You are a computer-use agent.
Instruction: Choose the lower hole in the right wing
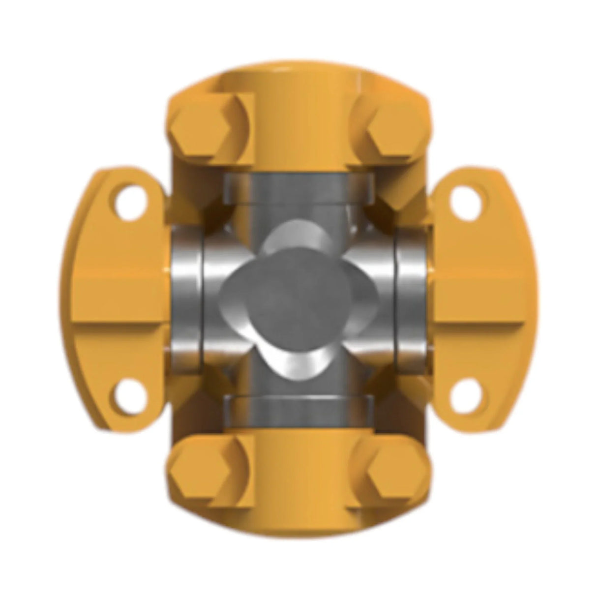coord(466,393)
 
